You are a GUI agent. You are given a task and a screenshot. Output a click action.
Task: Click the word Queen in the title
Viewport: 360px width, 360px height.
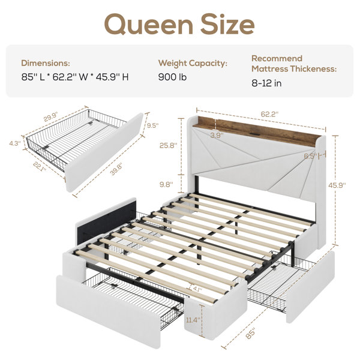coord(149,25)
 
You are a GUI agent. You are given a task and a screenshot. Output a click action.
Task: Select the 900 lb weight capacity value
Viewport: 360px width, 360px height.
coord(172,77)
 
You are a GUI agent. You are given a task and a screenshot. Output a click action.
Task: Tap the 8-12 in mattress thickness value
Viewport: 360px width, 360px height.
coord(266,83)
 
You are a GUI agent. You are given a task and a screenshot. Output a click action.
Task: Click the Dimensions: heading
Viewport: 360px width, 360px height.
coord(46,63)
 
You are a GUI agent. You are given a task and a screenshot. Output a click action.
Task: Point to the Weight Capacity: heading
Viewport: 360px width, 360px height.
coord(193,63)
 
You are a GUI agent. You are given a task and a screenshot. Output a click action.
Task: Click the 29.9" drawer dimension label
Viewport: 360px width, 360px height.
coord(51,117)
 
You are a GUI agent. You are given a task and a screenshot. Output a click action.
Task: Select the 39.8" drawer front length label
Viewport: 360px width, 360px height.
coord(116,169)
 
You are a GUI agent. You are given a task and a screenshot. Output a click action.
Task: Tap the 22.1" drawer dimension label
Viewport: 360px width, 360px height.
coord(39,167)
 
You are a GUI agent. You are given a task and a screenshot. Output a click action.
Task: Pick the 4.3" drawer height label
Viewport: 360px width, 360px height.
coord(15,143)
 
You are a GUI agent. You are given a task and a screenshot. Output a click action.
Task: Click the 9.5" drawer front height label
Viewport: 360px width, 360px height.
coord(152,125)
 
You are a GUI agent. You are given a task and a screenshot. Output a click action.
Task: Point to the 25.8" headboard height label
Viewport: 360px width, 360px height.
coord(169,145)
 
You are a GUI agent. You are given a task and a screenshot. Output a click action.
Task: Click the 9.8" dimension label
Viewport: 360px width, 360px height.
coord(166,184)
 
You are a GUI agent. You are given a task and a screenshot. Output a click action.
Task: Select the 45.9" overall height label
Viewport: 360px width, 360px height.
coord(337,185)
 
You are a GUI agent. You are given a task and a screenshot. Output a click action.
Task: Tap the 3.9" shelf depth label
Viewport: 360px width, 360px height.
coord(217,136)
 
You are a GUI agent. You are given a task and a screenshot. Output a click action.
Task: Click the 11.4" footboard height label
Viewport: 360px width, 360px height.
coord(193,320)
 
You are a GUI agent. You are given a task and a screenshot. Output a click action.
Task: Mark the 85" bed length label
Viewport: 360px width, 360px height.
coord(250,334)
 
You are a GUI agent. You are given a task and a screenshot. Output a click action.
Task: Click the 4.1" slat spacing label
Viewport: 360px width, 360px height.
coord(197,289)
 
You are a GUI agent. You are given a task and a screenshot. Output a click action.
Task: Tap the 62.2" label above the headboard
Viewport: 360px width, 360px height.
coord(269,114)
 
